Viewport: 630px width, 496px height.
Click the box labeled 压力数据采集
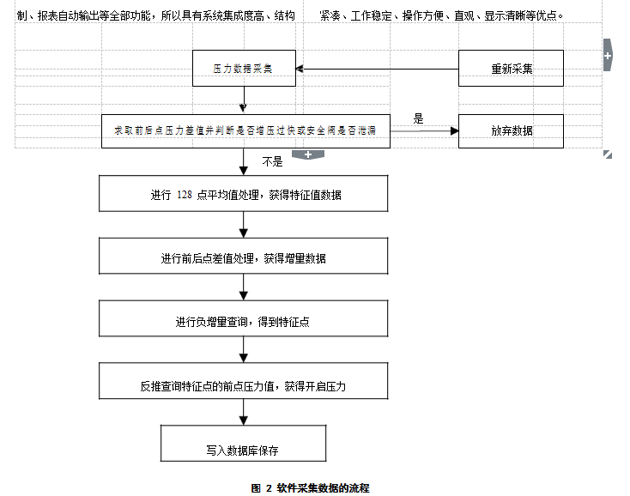point(244,69)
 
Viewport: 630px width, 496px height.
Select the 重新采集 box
point(511,69)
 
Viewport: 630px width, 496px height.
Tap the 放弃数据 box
point(511,131)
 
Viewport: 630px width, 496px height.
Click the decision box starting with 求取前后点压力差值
point(245,131)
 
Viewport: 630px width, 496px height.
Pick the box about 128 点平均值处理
point(245,195)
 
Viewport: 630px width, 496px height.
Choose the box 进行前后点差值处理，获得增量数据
point(245,257)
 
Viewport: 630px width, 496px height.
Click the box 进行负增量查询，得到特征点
point(245,321)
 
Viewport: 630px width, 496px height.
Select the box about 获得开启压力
point(245,386)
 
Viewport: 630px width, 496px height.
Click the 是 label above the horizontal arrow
point(419,119)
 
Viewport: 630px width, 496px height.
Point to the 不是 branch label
point(272,161)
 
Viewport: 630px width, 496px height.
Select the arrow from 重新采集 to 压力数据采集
point(378,69)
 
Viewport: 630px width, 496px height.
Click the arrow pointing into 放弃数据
point(425,131)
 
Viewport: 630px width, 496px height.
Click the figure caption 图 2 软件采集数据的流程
point(310,487)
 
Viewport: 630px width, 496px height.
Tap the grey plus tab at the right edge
point(608,55)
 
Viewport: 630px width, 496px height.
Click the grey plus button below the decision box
point(307,154)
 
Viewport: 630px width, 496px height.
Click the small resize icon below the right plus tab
point(608,154)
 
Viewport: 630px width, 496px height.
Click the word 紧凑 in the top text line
point(329,15)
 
